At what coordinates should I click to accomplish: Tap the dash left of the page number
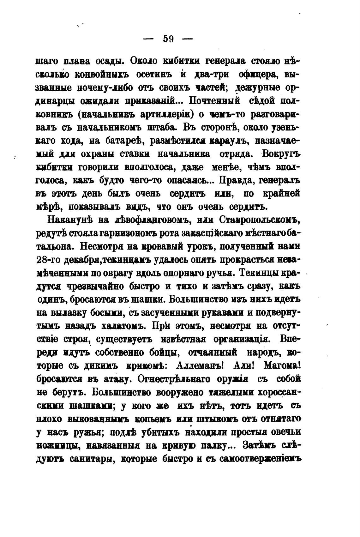(x=148, y=39)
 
